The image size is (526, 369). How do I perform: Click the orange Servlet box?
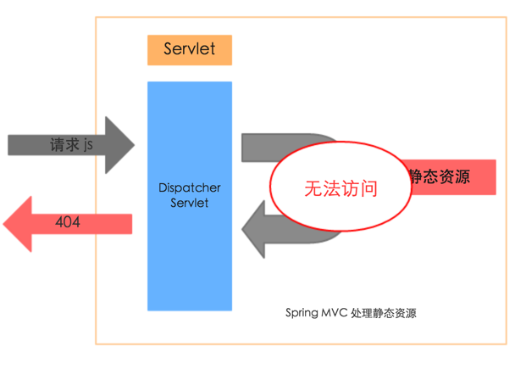click(189, 50)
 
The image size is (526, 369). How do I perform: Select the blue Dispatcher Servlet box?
click(189, 254)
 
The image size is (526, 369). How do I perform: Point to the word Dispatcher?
click(189, 187)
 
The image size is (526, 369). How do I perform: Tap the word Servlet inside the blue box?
click(189, 203)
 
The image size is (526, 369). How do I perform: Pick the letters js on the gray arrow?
click(88, 145)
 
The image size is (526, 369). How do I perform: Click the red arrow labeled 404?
click(68, 222)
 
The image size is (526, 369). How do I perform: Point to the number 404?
click(68, 222)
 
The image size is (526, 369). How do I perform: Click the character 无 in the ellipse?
click(313, 189)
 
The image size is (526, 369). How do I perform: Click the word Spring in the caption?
click(302, 312)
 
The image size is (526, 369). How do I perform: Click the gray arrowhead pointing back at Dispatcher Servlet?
click(252, 227)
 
